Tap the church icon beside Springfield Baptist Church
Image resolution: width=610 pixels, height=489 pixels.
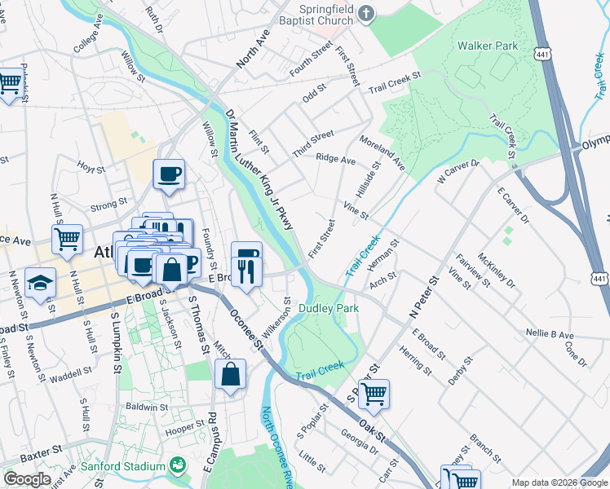(366, 13)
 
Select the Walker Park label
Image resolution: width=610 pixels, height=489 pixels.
(488, 46)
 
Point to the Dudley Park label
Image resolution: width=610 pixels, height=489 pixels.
(329, 309)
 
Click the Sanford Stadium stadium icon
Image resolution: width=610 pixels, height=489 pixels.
(179, 466)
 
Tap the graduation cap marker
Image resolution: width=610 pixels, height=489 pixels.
(40, 283)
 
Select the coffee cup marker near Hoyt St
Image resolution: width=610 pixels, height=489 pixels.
(169, 174)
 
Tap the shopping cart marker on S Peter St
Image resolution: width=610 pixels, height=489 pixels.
(374, 394)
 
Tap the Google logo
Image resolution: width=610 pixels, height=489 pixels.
(27, 479)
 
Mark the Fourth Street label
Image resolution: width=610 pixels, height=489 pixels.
(311, 59)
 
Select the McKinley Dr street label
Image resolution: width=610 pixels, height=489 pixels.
(497, 270)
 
